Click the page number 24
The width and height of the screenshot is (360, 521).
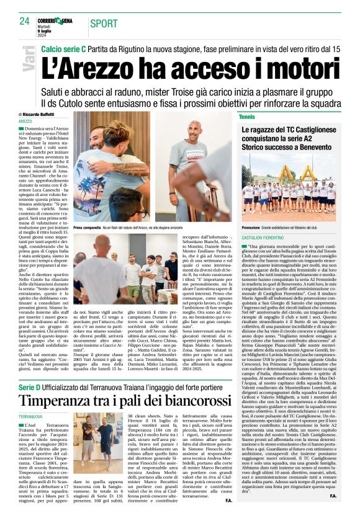click(x=24, y=21)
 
